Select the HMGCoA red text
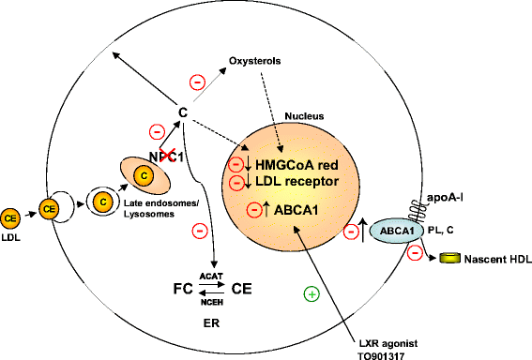click(299, 162)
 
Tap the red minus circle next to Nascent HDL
click(414, 252)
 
